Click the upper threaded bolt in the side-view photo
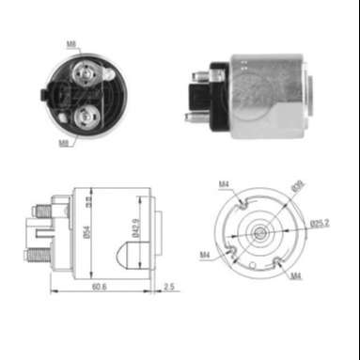point(199,75)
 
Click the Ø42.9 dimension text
point(138,231)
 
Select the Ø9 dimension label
point(298,185)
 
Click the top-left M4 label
point(225,182)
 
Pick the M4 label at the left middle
point(204,254)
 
